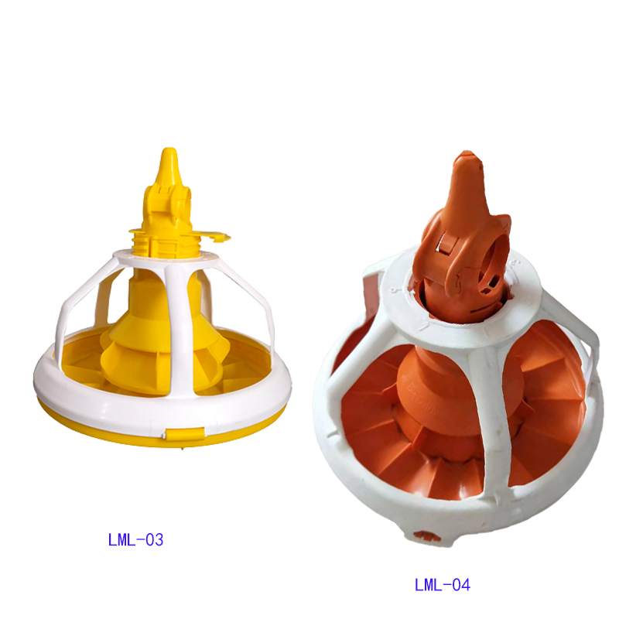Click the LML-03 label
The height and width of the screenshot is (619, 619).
[135, 540]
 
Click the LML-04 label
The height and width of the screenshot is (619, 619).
[442, 585]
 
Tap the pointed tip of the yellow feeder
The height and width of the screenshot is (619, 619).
[169, 149]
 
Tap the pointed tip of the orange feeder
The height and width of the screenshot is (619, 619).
[467, 153]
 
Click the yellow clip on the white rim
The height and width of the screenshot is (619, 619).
[184, 433]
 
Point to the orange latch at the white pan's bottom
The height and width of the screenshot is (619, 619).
[424, 536]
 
